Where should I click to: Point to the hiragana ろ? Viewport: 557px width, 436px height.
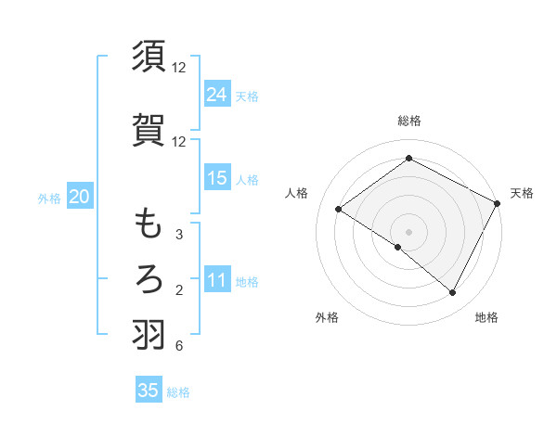pyautogui.click(x=149, y=278)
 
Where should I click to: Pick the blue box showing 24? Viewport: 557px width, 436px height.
pyautogui.click(x=217, y=94)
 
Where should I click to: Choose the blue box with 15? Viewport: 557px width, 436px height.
pyautogui.click(x=217, y=178)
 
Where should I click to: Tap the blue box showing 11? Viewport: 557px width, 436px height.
pyautogui.click(x=217, y=280)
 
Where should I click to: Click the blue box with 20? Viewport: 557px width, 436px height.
pyautogui.click(x=80, y=196)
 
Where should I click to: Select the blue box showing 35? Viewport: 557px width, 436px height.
pyautogui.click(x=149, y=391)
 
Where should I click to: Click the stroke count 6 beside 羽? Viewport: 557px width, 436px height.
pyautogui.click(x=178, y=346)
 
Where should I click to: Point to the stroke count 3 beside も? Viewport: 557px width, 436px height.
pyautogui.click(x=178, y=235)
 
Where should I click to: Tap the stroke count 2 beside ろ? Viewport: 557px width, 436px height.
pyautogui.click(x=178, y=290)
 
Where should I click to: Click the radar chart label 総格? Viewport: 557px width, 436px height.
pyautogui.click(x=408, y=121)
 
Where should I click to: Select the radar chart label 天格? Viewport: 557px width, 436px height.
pyautogui.click(x=522, y=193)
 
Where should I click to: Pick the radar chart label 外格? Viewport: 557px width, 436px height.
pyautogui.click(x=326, y=317)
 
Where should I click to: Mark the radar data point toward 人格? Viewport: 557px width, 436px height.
pyautogui.click(x=339, y=210)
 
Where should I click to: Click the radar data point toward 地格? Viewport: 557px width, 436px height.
pyautogui.click(x=453, y=293)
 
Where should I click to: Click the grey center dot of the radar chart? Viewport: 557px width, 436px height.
pyautogui.click(x=408, y=231)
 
